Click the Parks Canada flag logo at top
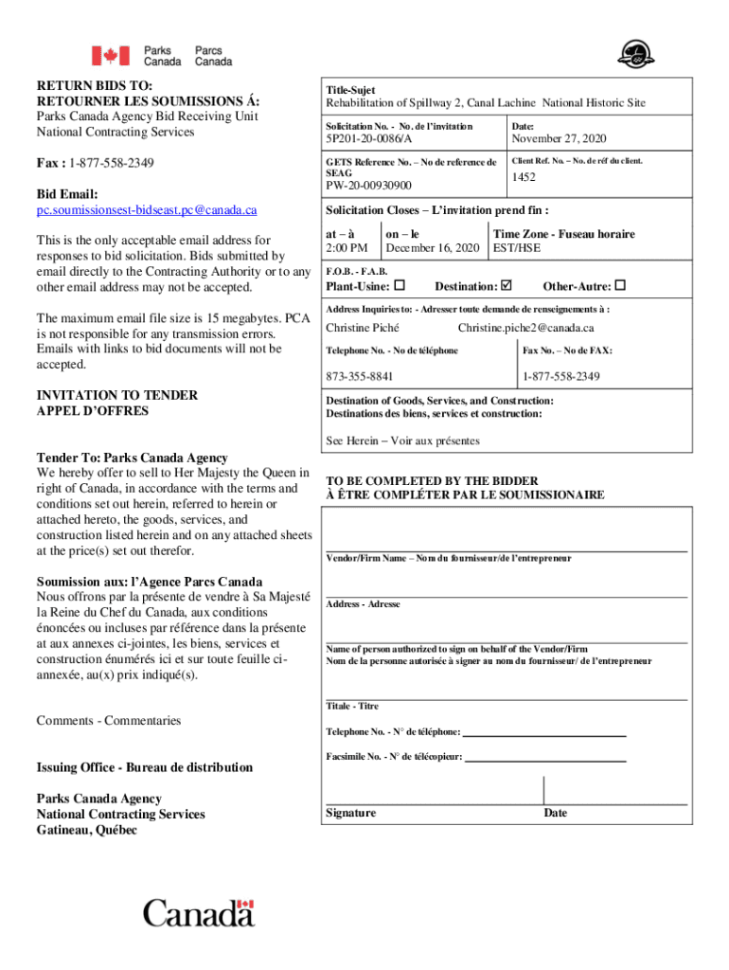pyautogui.click(x=110, y=56)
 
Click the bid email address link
pyautogui.click(x=147, y=209)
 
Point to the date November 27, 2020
pyautogui.click(x=559, y=139)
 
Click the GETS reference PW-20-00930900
pyautogui.click(x=368, y=186)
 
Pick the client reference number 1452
pyautogui.click(x=525, y=177)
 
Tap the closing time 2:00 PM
pyautogui.click(x=347, y=248)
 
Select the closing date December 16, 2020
pyautogui.click(x=433, y=248)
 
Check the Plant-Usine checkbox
pyautogui.click(x=400, y=285)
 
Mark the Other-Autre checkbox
pyautogui.click(x=621, y=285)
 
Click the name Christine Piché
pyautogui.click(x=363, y=329)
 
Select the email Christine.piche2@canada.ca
pyautogui.click(x=525, y=329)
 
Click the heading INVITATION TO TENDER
pyautogui.click(x=116, y=395)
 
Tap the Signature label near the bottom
pyautogui.click(x=350, y=813)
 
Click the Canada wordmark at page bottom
pyautogui.click(x=199, y=914)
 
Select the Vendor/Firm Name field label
pyautogui.click(x=448, y=559)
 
